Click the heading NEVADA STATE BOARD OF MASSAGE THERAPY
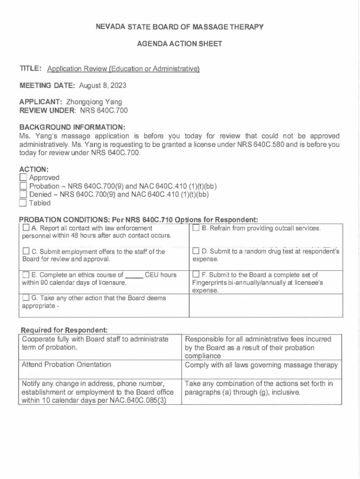[x=180, y=27]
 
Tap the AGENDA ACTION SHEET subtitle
[x=180, y=44]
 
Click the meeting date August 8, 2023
[x=102, y=86]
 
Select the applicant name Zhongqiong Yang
[x=97, y=101]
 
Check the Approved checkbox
[x=23, y=178]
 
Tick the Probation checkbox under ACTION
[x=23, y=186]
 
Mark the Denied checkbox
[x=23, y=195]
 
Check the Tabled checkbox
[x=23, y=203]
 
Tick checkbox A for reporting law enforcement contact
[x=26, y=228]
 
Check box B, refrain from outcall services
[x=196, y=228]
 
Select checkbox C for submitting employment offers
[x=26, y=252]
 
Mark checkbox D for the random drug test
[x=196, y=252]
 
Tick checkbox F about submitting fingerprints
[x=196, y=275]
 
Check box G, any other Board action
[x=26, y=298]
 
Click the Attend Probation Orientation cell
[x=66, y=364]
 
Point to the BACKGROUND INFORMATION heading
[x=72, y=127]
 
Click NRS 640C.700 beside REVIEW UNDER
[x=104, y=110]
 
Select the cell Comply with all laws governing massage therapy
[x=261, y=365]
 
